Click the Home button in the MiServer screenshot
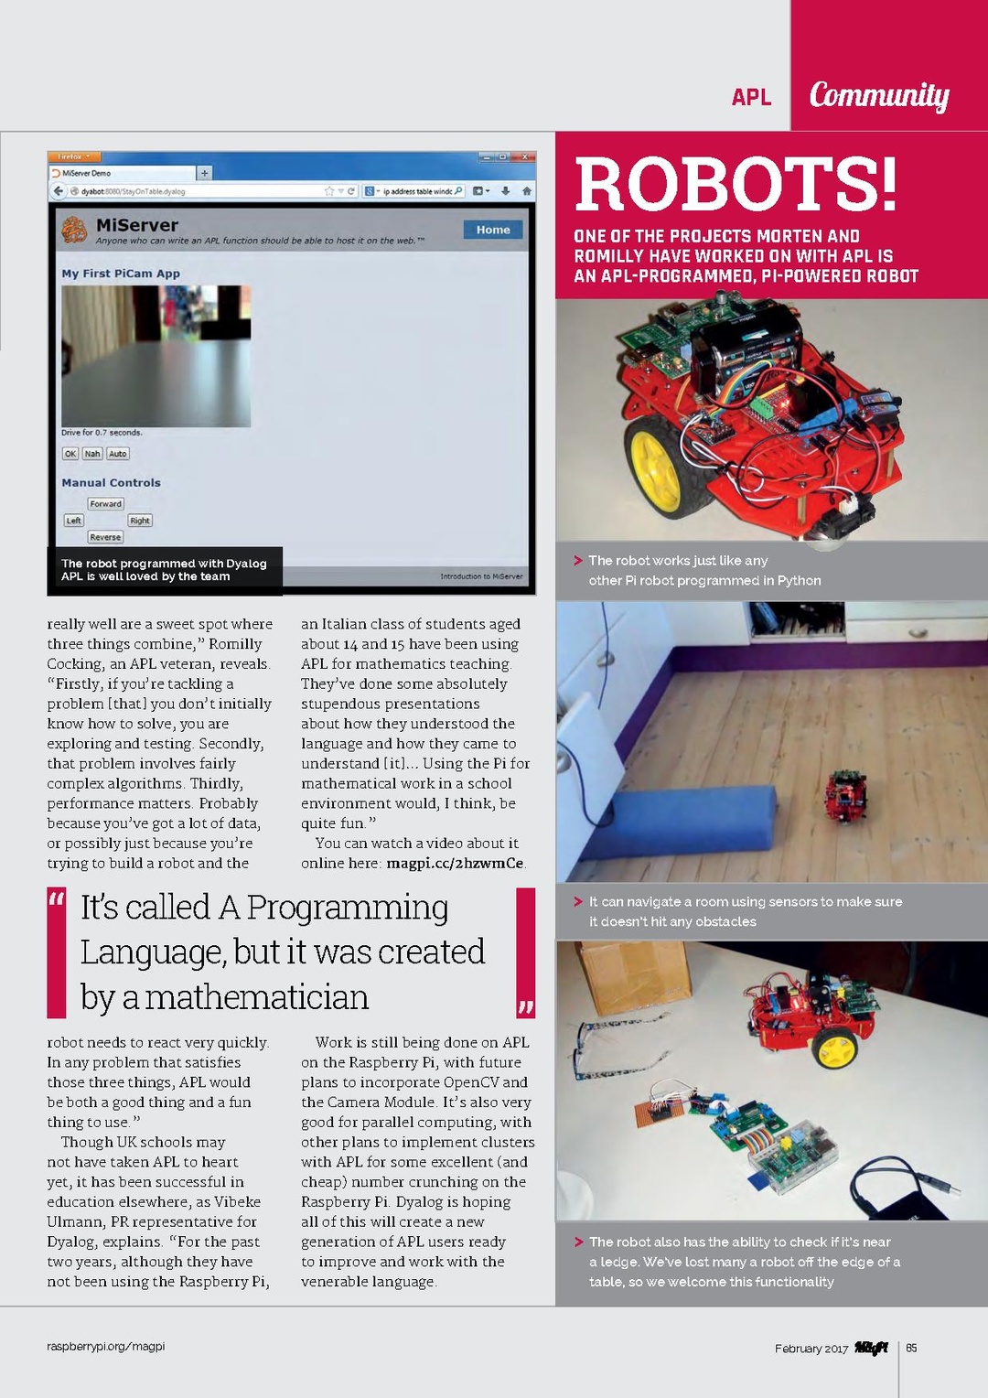point(492,230)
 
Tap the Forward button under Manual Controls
point(105,504)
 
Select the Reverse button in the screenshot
point(105,537)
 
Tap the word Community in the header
point(879,95)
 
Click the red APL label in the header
point(751,97)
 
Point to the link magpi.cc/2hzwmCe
point(455,863)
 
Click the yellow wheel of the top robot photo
point(657,459)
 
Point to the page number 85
point(911,1348)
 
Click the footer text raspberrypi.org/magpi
point(106,1346)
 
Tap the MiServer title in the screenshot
point(137,225)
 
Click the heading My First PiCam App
point(121,274)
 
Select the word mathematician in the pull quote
point(257,997)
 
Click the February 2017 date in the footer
point(811,1349)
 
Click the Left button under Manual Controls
point(74,521)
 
